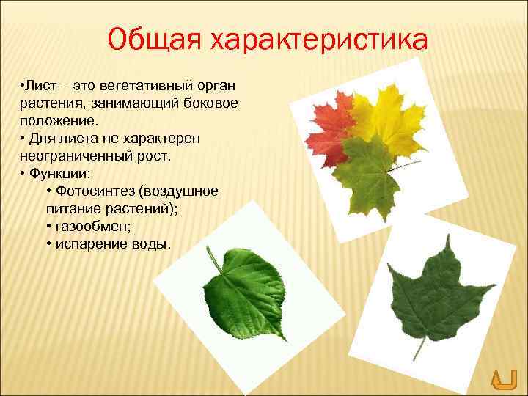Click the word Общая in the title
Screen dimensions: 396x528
153,39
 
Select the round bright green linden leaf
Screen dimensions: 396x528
249,293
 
